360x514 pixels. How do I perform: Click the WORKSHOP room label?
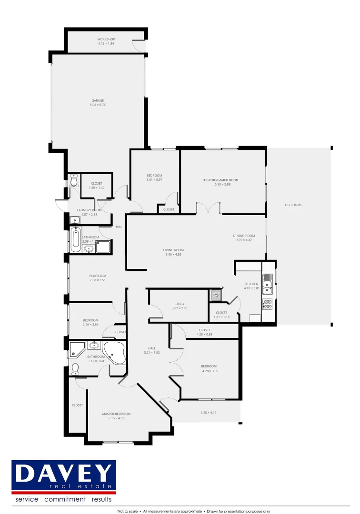pos(106,39)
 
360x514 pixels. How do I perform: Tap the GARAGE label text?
pos(98,100)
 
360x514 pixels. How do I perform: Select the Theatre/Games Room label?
pos(220,180)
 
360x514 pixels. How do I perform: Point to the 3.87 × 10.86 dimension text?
pos(292,205)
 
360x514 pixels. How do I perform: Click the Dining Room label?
pos(244,236)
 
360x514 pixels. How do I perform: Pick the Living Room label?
pos(173,250)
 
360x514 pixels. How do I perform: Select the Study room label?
pos(180,304)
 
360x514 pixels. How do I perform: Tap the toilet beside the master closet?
pos(75,369)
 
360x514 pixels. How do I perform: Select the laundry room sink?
pos(75,220)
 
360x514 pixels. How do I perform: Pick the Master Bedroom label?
pos(116,414)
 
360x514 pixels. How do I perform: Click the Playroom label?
pos(98,276)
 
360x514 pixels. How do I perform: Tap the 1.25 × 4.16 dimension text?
pos(208,413)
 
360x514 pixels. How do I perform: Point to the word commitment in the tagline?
pos(65,499)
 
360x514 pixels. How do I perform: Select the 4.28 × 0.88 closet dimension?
pos(205,334)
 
